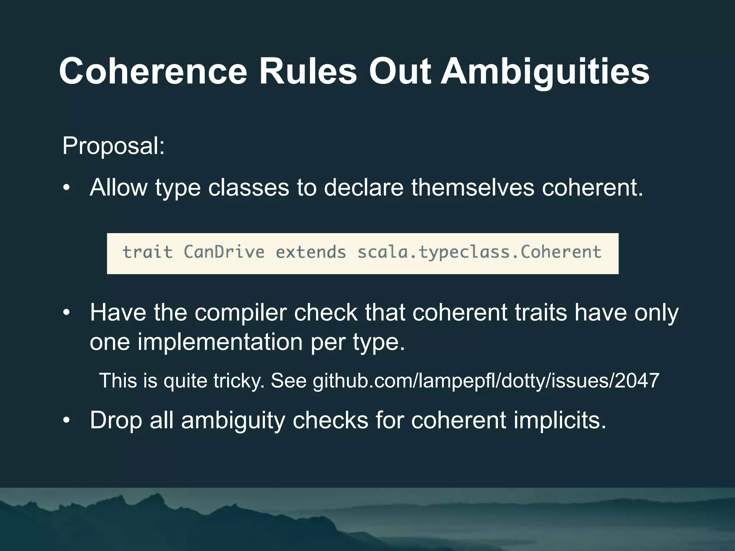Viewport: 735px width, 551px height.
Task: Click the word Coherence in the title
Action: [153, 72]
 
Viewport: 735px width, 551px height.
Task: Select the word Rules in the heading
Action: [308, 72]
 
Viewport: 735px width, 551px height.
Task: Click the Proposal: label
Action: [113, 146]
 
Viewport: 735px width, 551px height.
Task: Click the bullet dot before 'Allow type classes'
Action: [66, 188]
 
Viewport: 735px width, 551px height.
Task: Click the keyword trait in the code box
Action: [148, 252]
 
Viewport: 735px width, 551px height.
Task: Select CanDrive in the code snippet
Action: [224, 252]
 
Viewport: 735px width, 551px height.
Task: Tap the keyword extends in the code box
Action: [311, 252]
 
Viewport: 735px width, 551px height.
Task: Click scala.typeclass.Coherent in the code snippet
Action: [479, 252]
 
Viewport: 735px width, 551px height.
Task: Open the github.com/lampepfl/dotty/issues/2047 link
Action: [486, 381]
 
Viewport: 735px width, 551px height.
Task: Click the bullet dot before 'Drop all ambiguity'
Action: [66, 420]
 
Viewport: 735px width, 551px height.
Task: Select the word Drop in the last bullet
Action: [116, 420]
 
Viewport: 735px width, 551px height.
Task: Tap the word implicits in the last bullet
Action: [560, 420]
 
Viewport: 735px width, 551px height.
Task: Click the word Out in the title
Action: [399, 72]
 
